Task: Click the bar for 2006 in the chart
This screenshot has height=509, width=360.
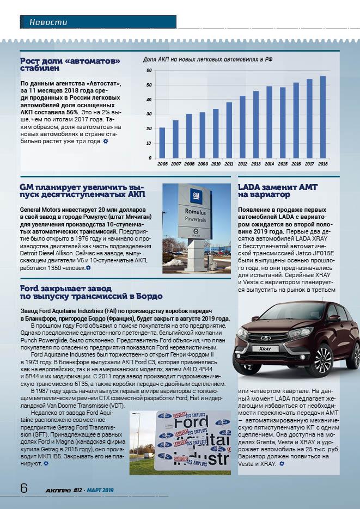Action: click(162, 143)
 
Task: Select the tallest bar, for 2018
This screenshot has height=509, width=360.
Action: click(323, 117)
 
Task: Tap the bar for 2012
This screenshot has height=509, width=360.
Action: click(242, 127)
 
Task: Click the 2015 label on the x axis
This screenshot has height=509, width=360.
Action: click(283, 163)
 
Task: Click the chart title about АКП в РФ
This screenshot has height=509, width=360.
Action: click(208, 59)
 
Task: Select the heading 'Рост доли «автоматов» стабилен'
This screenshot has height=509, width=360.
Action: click(70, 64)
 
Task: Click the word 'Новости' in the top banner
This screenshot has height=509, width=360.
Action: click(48, 22)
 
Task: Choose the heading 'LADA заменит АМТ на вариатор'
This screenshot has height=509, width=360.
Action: click(278, 191)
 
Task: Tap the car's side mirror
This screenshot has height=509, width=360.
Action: click(333, 318)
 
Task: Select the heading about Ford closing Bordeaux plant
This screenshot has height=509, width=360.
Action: click(91, 292)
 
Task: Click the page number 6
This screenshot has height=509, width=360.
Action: click(23, 488)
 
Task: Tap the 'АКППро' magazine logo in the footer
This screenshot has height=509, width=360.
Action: click(58, 490)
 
